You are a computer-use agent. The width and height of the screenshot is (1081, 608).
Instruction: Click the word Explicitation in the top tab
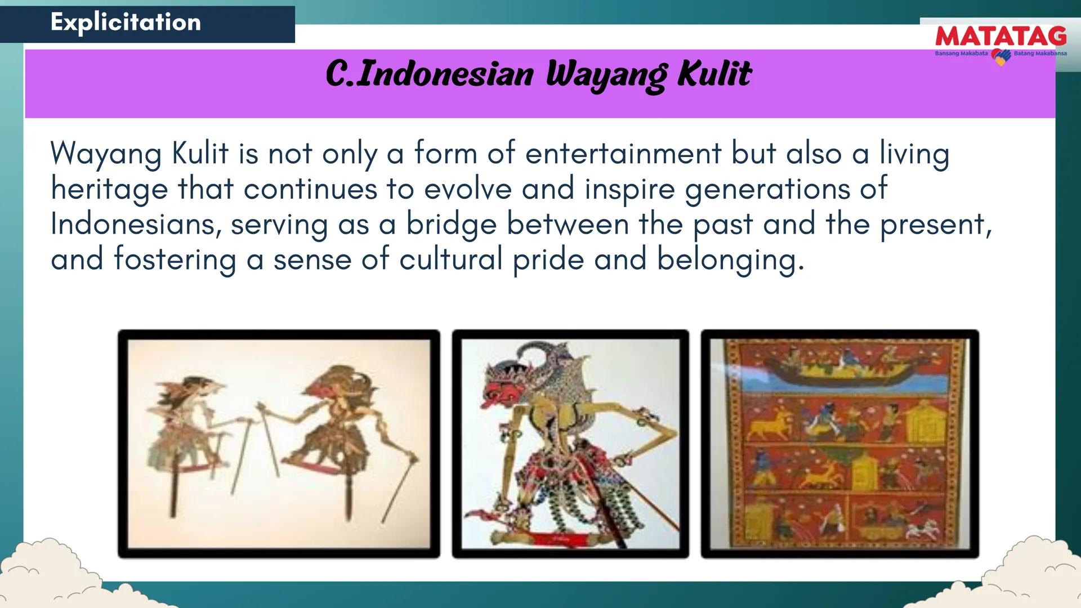click(126, 23)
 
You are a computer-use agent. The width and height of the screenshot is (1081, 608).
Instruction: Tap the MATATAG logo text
click(1000, 37)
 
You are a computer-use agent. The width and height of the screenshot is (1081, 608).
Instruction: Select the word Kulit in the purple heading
click(714, 74)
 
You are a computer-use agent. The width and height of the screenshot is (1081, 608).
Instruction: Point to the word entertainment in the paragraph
click(623, 153)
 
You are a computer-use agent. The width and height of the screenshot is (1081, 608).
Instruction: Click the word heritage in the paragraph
click(109, 189)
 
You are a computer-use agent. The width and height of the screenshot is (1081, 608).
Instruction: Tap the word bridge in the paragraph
click(451, 225)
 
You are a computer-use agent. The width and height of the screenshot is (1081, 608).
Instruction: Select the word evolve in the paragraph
click(467, 189)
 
